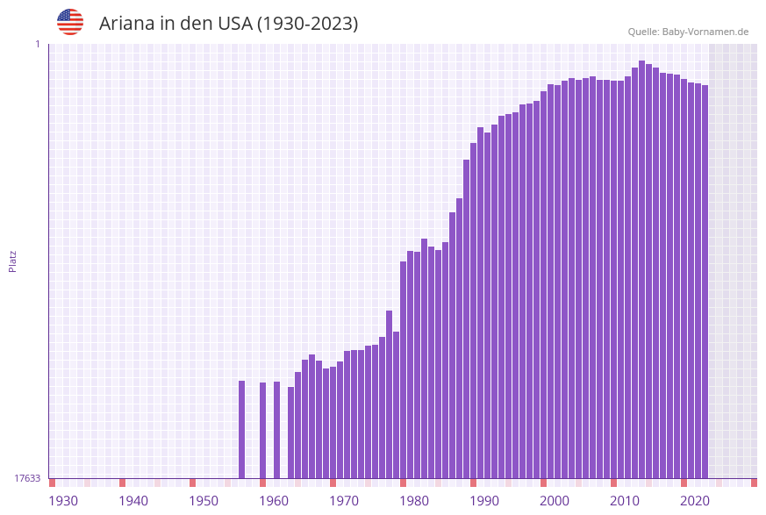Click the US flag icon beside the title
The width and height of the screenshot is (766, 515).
[x=70, y=22]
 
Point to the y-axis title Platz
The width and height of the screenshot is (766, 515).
[x=12, y=261]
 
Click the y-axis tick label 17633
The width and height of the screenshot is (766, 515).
[x=27, y=478]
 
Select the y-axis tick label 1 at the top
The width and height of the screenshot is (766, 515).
[x=38, y=44]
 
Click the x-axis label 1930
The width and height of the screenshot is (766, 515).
[x=63, y=501]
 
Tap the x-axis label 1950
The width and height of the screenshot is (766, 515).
[x=204, y=501]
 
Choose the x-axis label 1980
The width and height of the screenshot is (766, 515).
[x=414, y=501]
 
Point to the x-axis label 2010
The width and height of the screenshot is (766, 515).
[x=625, y=501]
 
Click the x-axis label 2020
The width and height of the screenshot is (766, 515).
[x=695, y=501]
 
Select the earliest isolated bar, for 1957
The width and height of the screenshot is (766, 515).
[x=241, y=429]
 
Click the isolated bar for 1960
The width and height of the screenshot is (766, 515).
[x=262, y=430]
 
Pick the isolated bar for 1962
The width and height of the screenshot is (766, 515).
[x=276, y=429]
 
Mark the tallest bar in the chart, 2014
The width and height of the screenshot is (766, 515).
[x=641, y=263]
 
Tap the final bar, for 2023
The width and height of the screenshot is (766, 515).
[x=705, y=281]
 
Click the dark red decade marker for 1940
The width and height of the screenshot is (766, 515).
[x=122, y=483]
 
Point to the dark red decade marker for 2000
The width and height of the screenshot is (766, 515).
[x=543, y=483]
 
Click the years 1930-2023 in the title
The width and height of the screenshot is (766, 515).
[x=307, y=24]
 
